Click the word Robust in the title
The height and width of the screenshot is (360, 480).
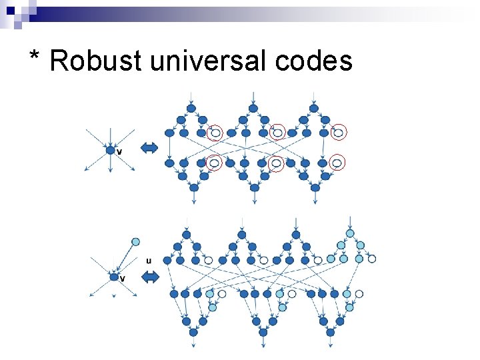(95, 61)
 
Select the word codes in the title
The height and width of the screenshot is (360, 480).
(317, 61)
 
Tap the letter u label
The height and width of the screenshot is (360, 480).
(148, 260)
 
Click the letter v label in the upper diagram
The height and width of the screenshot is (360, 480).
(119, 152)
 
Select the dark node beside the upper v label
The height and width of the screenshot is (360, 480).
(110, 150)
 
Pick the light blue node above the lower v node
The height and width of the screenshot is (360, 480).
(135, 242)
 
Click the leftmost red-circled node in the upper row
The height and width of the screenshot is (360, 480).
(215, 133)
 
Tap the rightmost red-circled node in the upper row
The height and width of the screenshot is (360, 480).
(339, 133)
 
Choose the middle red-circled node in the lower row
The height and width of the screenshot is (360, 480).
(277, 162)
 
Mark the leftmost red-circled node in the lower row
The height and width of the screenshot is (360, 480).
(215, 162)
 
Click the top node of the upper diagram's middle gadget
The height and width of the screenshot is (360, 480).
(253, 107)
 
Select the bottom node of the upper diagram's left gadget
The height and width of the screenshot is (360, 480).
(194, 188)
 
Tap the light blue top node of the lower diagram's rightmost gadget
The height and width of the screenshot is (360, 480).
(350, 234)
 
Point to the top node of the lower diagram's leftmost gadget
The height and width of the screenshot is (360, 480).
(187, 234)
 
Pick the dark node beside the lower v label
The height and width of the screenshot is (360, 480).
(114, 277)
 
